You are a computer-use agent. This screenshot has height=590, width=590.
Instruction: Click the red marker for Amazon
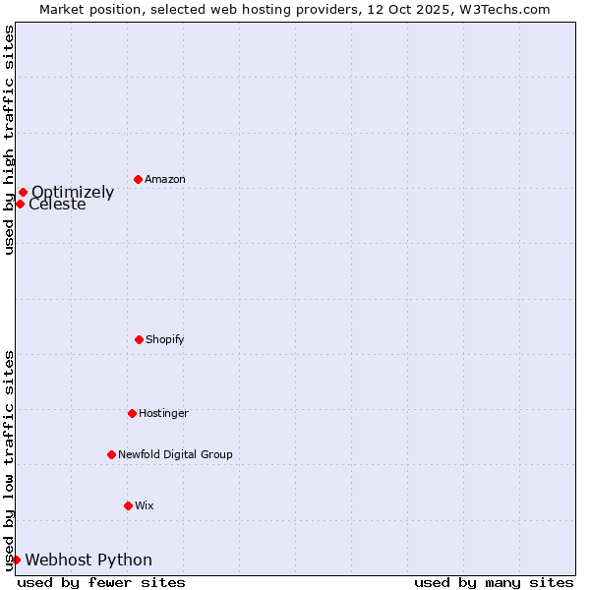[138, 179]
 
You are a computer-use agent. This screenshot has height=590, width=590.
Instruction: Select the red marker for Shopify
[139, 339]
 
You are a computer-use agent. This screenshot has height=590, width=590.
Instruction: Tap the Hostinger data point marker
[132, 413]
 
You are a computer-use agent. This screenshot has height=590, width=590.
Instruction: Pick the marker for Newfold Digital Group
[111, 454]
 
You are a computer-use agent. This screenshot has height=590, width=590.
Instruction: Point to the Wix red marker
[128, 505]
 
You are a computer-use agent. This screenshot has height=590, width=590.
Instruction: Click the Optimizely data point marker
[23, 192]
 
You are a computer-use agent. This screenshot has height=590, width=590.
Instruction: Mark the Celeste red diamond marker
[20, 204]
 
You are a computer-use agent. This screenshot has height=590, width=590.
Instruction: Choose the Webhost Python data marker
[16, 560]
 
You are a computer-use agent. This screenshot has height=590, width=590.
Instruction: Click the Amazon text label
[165, 179]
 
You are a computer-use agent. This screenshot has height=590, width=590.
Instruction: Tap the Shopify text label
[165, 339]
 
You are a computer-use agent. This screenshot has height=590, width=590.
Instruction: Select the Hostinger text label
[163, 413]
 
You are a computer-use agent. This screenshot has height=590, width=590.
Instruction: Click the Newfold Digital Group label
[175, 454]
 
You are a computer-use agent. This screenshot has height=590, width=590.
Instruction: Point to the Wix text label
[145, 505]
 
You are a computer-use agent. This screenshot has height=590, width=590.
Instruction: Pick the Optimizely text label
[73, 192]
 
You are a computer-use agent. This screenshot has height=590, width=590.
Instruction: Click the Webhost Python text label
[88, 560]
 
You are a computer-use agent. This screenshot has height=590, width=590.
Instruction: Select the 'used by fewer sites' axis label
[101, 582]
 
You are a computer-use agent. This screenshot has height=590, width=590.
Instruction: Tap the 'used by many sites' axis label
[494, 582]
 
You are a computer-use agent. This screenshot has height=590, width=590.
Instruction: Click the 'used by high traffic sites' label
[9, 140]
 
